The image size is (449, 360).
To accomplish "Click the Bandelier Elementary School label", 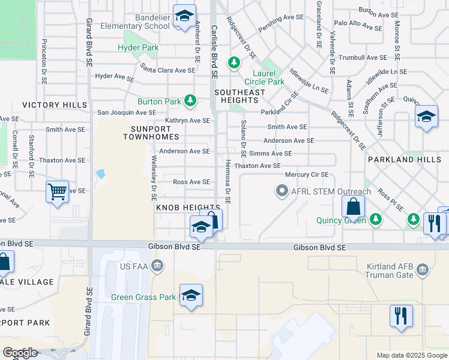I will pos(135,22).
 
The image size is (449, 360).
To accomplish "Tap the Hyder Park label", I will pos(138,47).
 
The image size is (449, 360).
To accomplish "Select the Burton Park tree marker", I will pos(190,100).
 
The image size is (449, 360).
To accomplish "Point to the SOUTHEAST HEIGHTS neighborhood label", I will pos(239,97).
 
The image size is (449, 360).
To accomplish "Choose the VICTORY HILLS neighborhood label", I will pos(50,105).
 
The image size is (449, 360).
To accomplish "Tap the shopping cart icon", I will pos(57,193).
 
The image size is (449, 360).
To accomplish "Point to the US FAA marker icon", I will pos(158,265).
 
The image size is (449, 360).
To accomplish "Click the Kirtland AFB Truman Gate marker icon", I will pos(423,269).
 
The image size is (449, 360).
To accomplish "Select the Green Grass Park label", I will pos(143,297).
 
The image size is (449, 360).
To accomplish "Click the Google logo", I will pos(19,353).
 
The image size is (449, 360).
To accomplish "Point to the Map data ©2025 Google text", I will pos(411,355).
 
